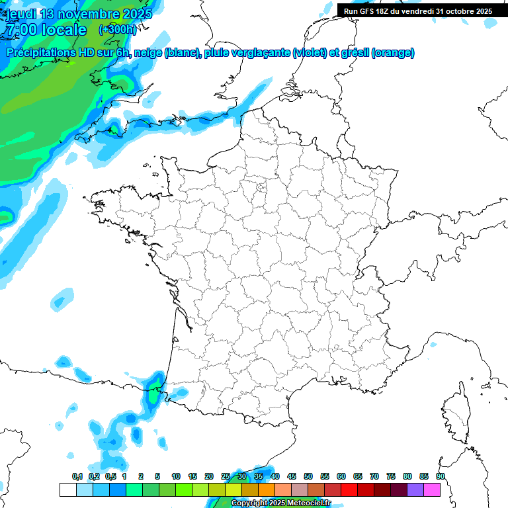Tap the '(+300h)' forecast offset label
coord(117,30)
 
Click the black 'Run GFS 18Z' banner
coord(418,11)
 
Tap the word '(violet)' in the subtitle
coord(309,53)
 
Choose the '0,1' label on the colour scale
coord(77,476)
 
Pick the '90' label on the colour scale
coord(440,476)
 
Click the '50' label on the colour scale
coord(308,476)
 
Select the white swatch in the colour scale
coord(67,489)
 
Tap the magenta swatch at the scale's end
coord(432,489)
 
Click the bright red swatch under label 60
coord(349,489)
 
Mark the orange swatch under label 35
coord(267,489)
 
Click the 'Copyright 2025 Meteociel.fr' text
coord(280,503)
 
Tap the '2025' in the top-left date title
coord(136,14)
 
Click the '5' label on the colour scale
coord(157,476)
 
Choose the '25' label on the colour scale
coord(226,476)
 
